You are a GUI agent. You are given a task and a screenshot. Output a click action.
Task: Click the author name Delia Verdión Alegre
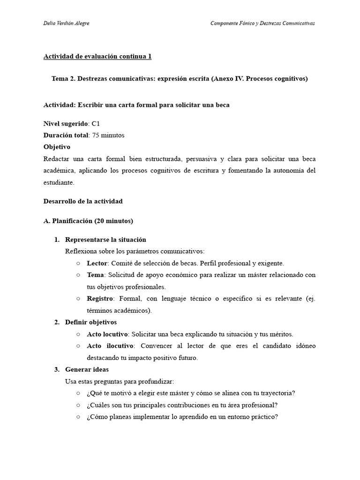pyautogui.click(x=67, y=24)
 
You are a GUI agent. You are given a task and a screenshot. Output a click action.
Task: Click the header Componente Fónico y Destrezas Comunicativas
pyautogui.click(x=262, y=24)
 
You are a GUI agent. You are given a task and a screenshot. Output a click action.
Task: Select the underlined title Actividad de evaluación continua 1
pyautogui.click(x=97, y=57)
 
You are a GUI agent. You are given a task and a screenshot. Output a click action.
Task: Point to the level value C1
pyautogui.click(x=96, y=124)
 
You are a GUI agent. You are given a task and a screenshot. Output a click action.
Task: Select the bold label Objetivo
pyautogui.click(x=57, y=147)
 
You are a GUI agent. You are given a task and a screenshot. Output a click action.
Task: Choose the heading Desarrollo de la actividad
pyautogui.click(x=83, y=201)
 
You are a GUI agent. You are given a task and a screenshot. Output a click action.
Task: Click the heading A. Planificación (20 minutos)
pyautogui.click(x=88, y=221)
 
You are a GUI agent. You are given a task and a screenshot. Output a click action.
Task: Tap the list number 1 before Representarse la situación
pyautogui.click(x=56, y=240)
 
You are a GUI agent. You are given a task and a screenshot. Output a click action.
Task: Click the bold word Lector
pyautogui.click(x=97, y=263)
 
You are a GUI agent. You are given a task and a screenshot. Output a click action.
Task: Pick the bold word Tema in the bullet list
pyautogui.click(x=95, y=275)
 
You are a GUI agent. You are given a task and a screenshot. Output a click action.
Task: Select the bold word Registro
pyautogui.click(x=100, y=299)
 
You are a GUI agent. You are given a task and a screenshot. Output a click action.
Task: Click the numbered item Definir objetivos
pyautogui.click(x=91, y=322)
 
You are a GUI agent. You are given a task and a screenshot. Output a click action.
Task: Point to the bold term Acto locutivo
pyautogui.click(x=107, y=334)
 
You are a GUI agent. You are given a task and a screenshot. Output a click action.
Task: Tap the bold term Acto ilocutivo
pyautogui.click(x=109, y=346)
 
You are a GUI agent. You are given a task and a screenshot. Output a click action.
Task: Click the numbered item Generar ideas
pyautogui.click(x=87, y=369)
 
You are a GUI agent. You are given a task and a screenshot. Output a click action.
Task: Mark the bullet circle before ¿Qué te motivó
pyautogui.click(x=78, y=393)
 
